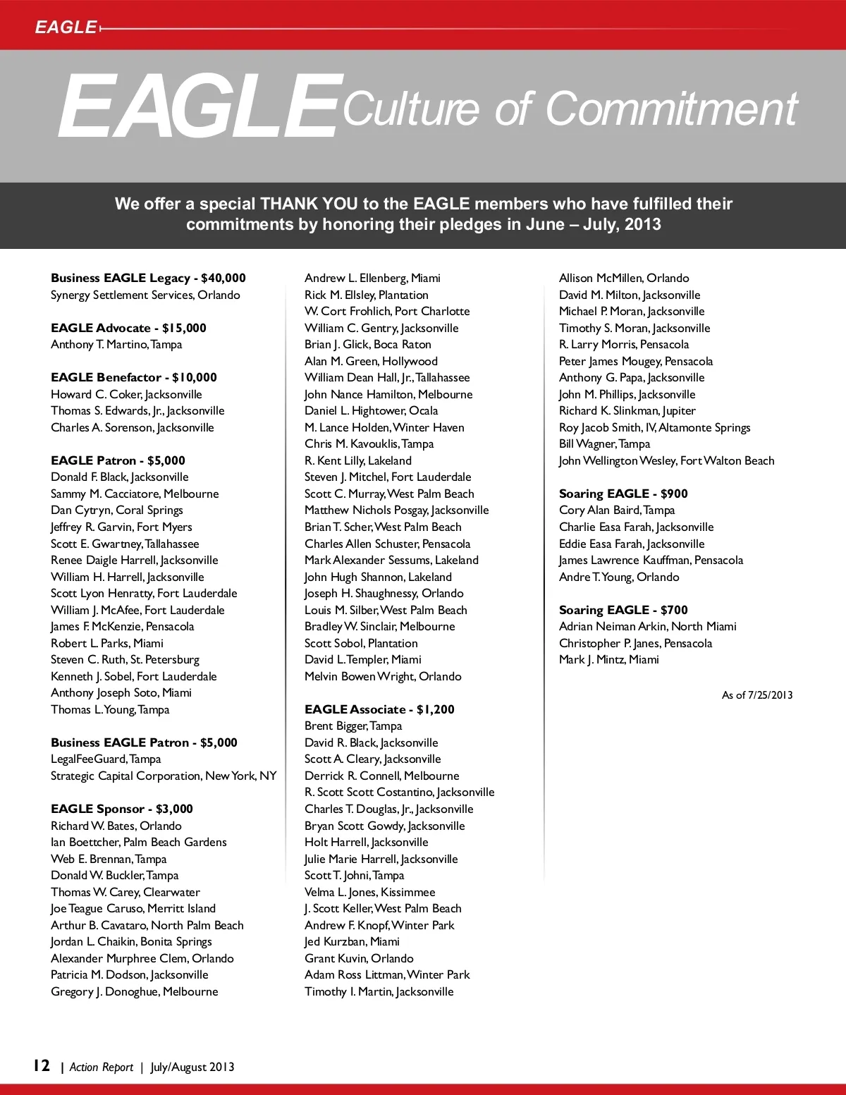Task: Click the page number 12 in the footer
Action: [x=42, y=1065]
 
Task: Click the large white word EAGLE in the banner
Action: [x=197, y=107]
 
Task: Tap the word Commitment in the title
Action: [x=671, y=109]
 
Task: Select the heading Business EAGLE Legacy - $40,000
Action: [x=148, y=278]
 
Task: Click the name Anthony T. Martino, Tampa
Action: [x=116, y=344]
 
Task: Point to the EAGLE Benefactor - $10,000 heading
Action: [x=134, y=377]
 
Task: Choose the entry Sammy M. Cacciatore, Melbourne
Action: [x=135, y=494]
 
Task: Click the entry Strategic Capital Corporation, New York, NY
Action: [x=164, y=776]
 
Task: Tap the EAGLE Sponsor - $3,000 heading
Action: [x=121, y=809]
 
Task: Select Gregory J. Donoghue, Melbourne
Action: [x=135, y=991]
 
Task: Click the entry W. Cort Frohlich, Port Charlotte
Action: [x=387, y=311]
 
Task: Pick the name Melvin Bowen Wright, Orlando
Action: [x=383, y=676]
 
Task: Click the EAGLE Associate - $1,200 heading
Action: [x=379, y=709]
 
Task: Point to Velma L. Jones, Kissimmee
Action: [x=370, y=892]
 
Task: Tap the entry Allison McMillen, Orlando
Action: [x=624, y=278]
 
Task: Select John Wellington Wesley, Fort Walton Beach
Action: [x=666, y=460]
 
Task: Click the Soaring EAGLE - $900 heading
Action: [x=623, y=494]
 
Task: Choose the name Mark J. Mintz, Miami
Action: [x=609, y=659]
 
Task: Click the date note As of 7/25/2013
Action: [x=757, y=695]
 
